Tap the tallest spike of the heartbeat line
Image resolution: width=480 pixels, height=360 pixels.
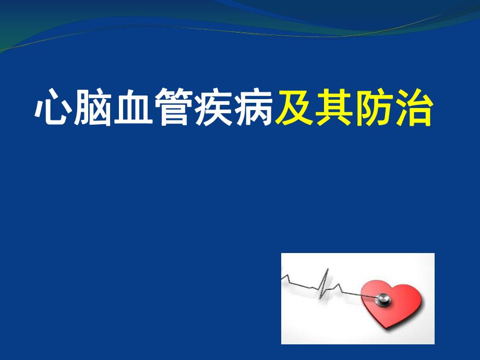327,270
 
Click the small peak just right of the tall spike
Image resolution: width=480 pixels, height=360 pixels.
340,285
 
